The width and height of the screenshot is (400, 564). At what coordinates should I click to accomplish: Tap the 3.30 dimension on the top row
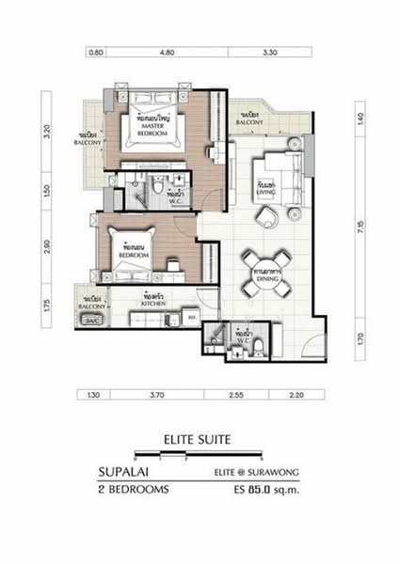[269, 54]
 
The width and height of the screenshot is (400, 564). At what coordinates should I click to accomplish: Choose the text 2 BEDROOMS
[132, 490]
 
